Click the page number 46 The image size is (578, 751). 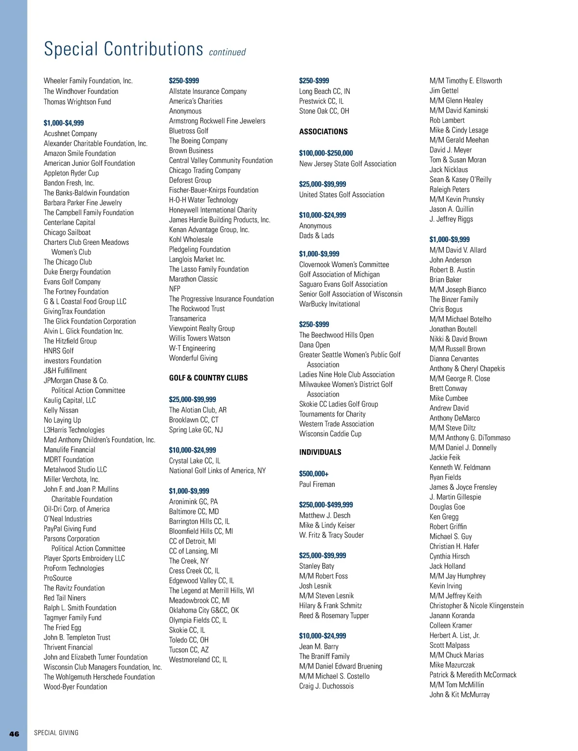pyautogui.click(x=14, y=734)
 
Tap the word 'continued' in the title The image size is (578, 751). pyautogui.click(x=227, y=52)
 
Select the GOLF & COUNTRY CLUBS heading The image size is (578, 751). pyautogui.click(x=208, y=378)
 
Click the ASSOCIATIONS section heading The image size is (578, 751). pyautogui.click(x=323, y=132)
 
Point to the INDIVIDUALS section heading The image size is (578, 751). pyautogui.click(x=320, y=452)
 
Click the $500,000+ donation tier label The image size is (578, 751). pyautogui.click(x=314, y=474)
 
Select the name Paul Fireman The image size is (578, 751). pyautogui.click(x=317, y=484)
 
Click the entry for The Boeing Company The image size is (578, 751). pyautogui.click(x=198, y=141)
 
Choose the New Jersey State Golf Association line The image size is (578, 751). pyautogui.click(x=347, y=164)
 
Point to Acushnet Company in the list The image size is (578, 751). pyautogui.click(x=70, y=134)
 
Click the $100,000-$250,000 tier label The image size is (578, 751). pyautogui.click(x=326, y=153)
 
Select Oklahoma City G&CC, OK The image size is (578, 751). pyautogui.click(x=204, y=610)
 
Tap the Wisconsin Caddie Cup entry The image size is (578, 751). pyautogui.click(x=330, y=434)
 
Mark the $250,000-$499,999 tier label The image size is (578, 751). pyautogui.click(x=326, y=505)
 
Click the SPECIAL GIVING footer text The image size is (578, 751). pyautogui.click(x=56, y=733)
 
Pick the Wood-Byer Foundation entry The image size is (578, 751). pyautogui.click(x=75, y=687)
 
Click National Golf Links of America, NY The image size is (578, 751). pyautogui.click(x=217, y=470)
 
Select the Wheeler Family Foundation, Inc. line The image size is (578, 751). pyautogui.click(x=88, y=81)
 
